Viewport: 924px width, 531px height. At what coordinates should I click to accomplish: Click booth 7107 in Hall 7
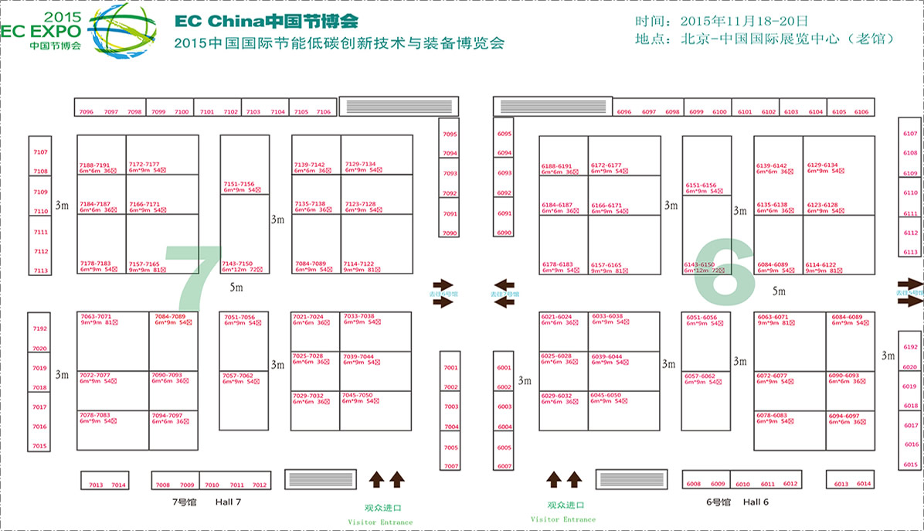coord(40,152)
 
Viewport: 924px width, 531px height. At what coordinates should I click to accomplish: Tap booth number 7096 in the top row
coord(86,112)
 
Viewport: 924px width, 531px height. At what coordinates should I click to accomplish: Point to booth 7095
coord(450,134)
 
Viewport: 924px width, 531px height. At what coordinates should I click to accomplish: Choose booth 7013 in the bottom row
coord(96,485)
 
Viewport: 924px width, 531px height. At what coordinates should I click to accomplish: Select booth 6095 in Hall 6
coord(504,134)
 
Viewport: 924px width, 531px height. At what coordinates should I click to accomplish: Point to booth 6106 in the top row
coord(861,112)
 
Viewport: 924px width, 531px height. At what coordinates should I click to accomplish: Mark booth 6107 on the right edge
coord(910,134)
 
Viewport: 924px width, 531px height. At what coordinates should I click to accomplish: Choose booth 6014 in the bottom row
coord(864,484)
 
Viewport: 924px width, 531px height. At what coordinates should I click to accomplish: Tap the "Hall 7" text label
coord(228,502)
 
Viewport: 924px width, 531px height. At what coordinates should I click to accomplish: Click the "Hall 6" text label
coord(756,502)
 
